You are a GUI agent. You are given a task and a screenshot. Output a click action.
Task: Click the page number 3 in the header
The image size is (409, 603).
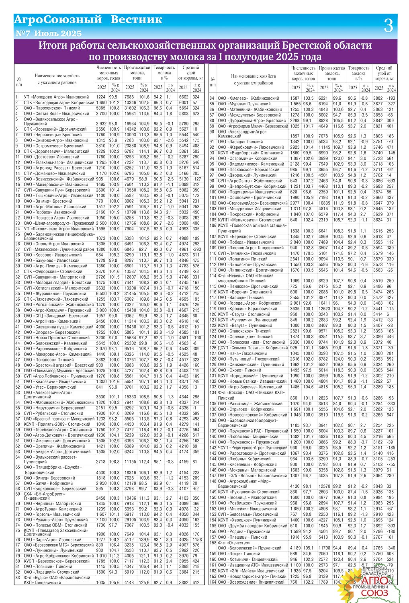click(x=388, y=26)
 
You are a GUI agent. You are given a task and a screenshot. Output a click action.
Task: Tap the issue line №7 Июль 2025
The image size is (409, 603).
click(x=48, y=33)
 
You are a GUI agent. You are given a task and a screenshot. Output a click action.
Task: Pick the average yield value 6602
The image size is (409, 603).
click(x=183, y=97)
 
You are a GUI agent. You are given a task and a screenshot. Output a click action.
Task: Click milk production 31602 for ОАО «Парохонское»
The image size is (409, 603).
click(x=130, y=108)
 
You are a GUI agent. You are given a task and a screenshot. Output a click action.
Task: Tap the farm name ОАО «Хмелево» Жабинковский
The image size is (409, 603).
click(x=248, y=98)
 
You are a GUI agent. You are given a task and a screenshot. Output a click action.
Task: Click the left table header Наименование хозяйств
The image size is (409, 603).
click(x=57, y=76)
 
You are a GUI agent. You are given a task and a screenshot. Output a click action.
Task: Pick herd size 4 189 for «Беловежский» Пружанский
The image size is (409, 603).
click(x=296, y=548)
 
